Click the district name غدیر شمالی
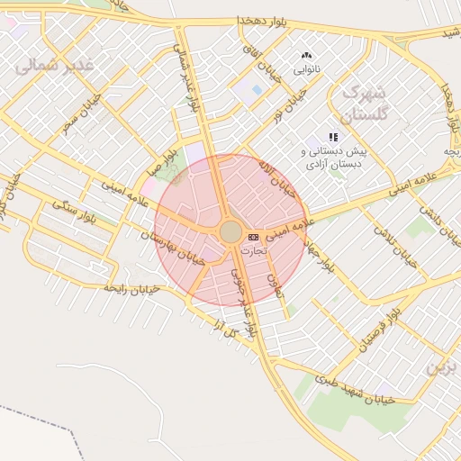(x=57, y=64)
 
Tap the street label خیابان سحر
(x=81, y=115)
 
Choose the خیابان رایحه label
(x=131, y=289)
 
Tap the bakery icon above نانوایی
(x=305, y=56)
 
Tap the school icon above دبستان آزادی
(x=333, y=138)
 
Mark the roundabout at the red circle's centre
(x=230, y=232)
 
